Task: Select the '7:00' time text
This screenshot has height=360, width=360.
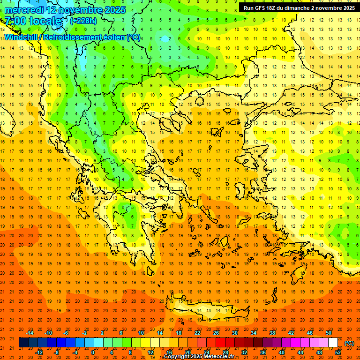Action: click(16, 21)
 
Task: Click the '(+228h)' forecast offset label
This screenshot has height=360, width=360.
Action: click(83, 21)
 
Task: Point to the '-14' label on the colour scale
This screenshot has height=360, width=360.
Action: click(30, 333)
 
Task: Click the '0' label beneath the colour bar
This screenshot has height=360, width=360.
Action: click(92, 352)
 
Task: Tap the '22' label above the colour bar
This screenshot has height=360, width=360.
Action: click(197, 333)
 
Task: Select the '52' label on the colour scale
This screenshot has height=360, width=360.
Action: click(338, 352)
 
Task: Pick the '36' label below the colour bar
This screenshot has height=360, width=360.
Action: click(263, 352)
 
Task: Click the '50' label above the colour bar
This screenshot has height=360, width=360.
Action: click(329, 333)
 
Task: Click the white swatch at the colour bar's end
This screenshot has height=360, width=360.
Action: click(333, 343)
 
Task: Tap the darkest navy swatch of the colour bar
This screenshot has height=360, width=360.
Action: click(23, 343)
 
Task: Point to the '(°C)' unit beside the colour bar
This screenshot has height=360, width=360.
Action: click(349, 343)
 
